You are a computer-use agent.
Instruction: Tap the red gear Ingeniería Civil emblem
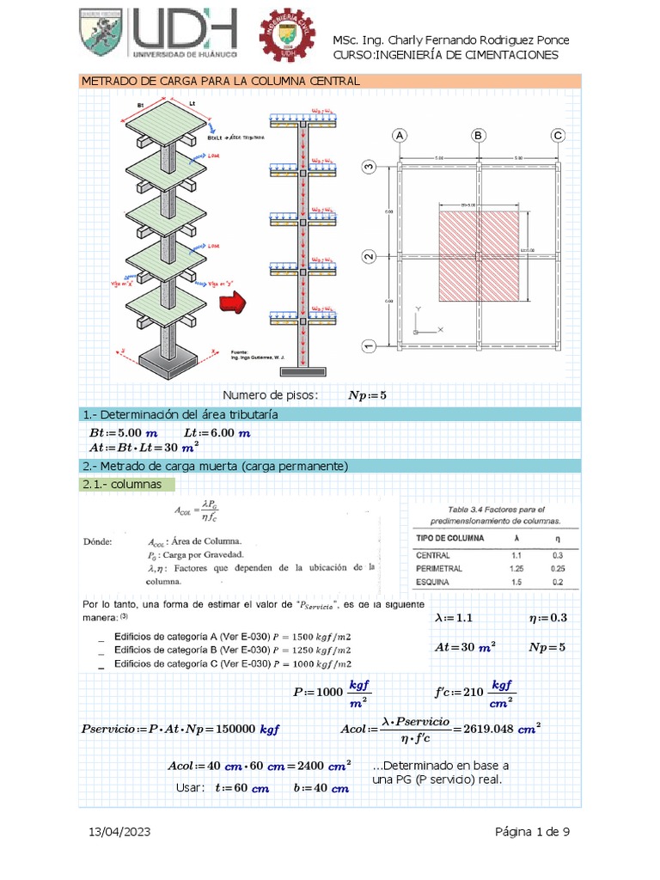coord(288,38)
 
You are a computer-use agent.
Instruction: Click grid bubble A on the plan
coord(399,136)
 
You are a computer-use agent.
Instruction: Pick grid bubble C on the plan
coord(558,136)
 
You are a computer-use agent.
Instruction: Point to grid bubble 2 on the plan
coord(369,257)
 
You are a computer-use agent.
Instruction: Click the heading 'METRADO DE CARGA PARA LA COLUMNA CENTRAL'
coord(219,81)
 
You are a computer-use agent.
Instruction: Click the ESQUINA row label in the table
coord(436,583)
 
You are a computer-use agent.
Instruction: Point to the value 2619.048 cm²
coord(507,728)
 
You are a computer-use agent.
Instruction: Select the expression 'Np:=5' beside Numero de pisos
coord(367,395)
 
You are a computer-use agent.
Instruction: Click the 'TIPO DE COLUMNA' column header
coord(449,538)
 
